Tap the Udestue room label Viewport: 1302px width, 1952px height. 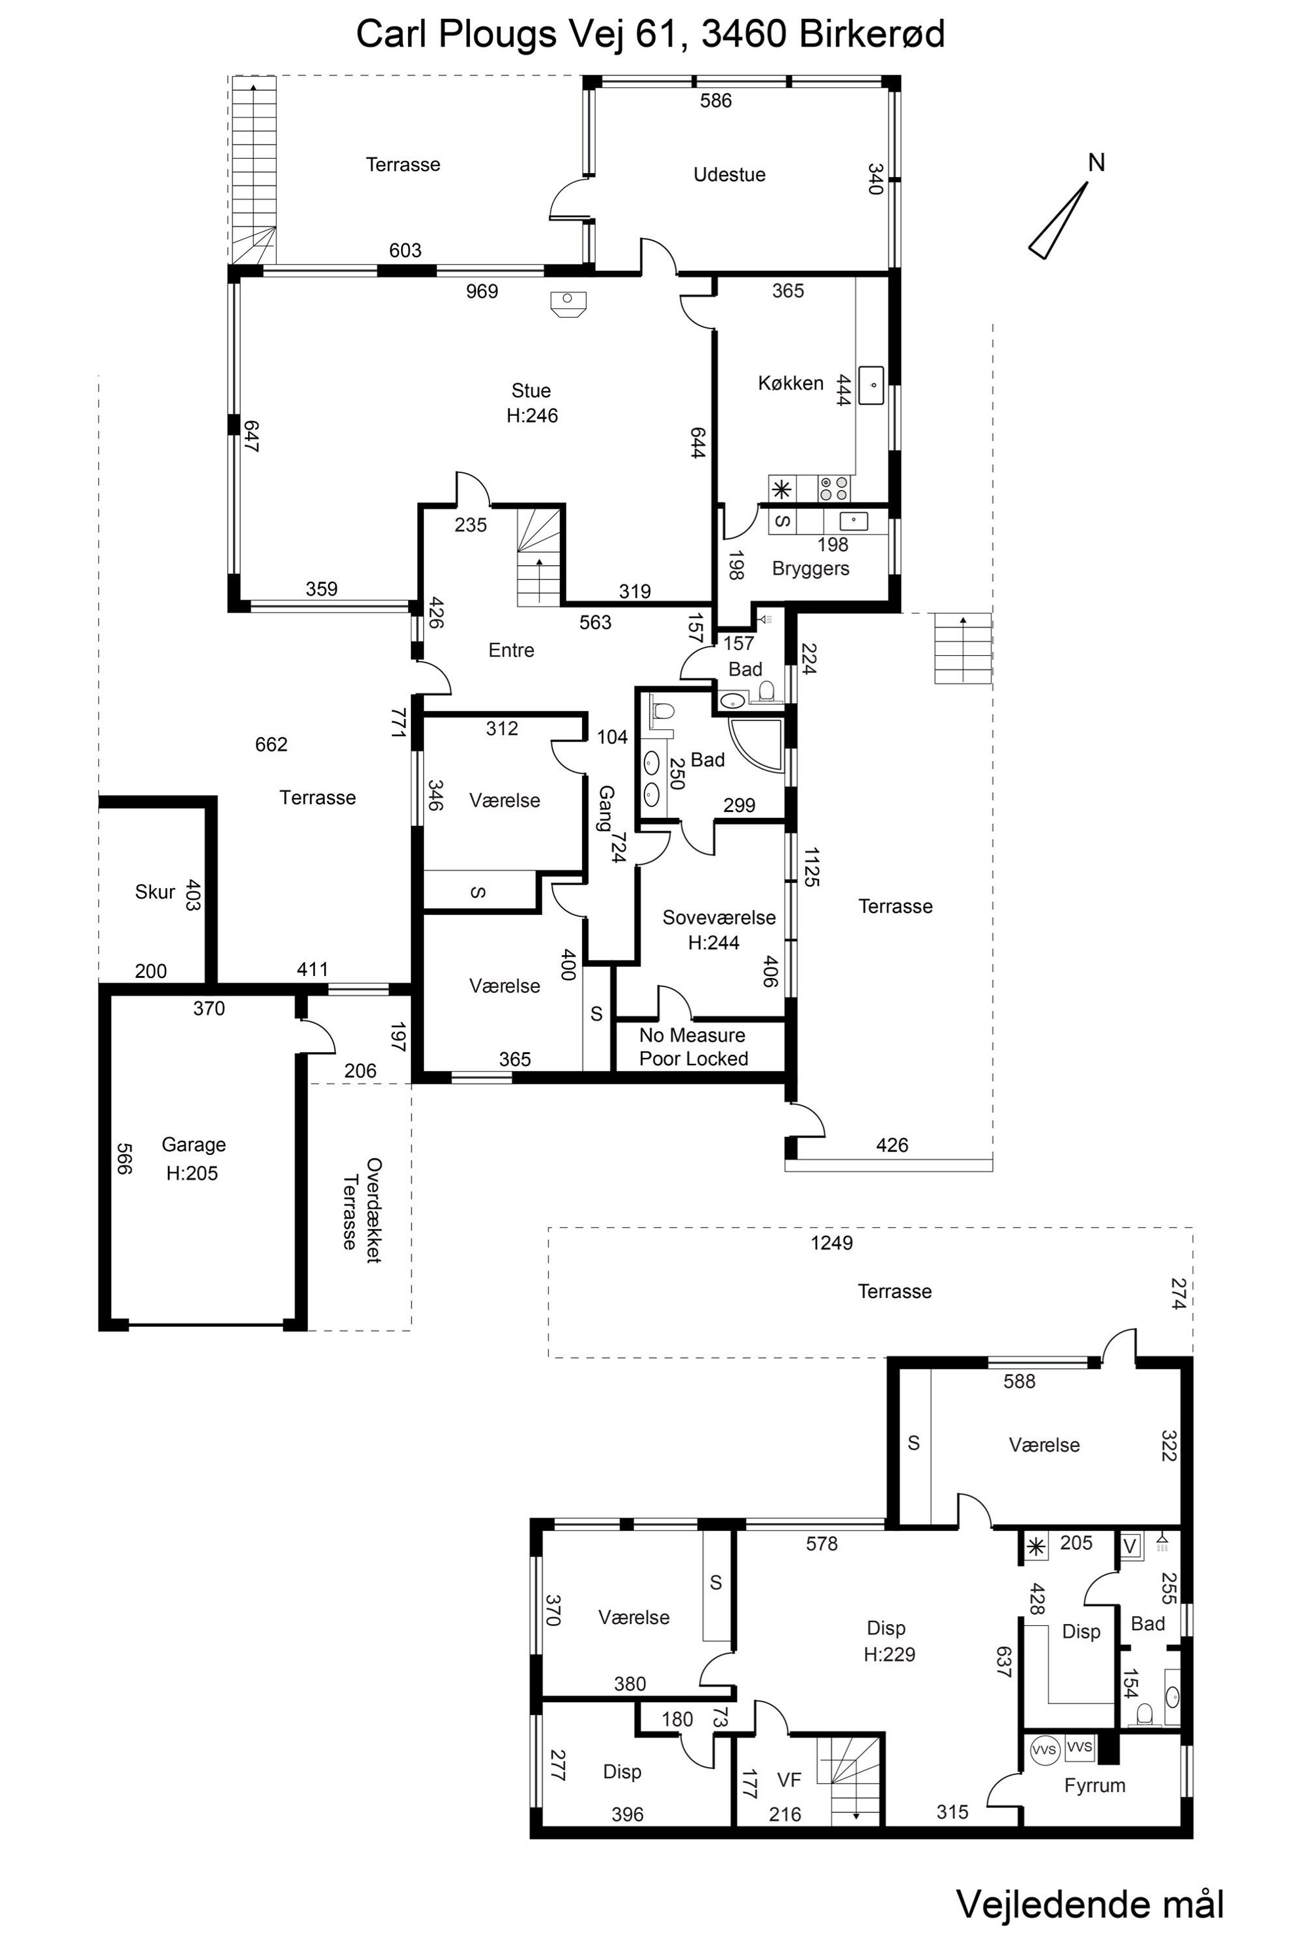point(729,174)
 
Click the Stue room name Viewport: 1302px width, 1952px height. point(531,390)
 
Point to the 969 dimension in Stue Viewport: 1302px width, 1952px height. point(482,291)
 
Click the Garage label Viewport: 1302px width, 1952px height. point(194,1145)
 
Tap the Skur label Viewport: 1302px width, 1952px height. point(154,891)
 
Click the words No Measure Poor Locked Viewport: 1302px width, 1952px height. point(694,1047)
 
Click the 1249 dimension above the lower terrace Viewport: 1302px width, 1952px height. point(831,1242)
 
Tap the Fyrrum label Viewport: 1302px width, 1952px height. point(1095,1785)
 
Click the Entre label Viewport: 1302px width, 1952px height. point(511,650)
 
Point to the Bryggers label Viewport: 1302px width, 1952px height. point(810,569)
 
